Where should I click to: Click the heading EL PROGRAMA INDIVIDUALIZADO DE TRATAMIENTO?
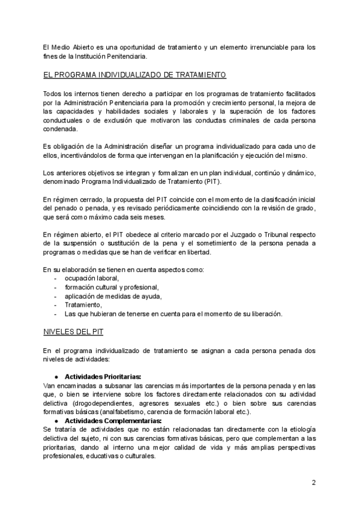coord(134,76)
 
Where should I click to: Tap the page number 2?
coord(314,483)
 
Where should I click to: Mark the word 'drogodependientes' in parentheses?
coord(81,402)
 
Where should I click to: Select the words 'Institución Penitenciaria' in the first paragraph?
coord(112,56)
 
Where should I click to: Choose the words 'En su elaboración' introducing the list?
coord(68,270)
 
